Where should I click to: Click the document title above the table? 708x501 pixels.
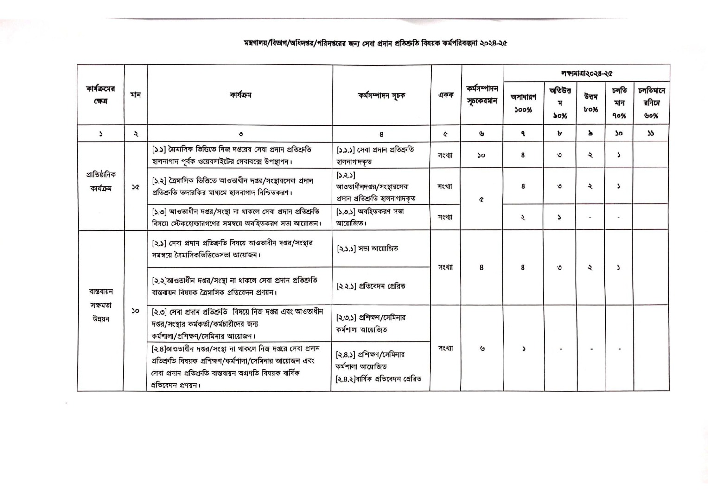[x=375, y=43]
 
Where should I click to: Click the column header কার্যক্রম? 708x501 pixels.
[x=240, y=96]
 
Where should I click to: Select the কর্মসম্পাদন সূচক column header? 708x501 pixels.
[x=381, y=96]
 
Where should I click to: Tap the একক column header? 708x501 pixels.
[x=446, y=95]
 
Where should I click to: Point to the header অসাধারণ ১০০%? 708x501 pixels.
[x=523, y=103]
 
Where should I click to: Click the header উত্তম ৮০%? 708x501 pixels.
[x=591, y=103]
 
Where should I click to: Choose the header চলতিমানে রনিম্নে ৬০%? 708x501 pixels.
[x=651, y=103]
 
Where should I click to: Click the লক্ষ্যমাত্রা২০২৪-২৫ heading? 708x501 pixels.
[x=587, y=73]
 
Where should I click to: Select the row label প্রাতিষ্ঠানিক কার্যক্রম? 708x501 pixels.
[x=101, y=181]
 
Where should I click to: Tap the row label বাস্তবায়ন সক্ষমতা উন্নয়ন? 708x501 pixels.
[x=101, y=305]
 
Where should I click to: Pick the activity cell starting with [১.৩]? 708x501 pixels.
[x=236, y=217]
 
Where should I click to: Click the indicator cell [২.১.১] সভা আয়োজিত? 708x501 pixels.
[x=367, y=249]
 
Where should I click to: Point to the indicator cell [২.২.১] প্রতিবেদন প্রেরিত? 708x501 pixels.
[x=370, y=286]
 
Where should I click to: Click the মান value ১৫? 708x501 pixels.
[x=135, y=187]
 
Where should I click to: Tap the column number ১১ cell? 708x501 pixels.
[x=651, y=134]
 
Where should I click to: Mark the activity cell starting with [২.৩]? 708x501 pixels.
[x=237, y=323]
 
